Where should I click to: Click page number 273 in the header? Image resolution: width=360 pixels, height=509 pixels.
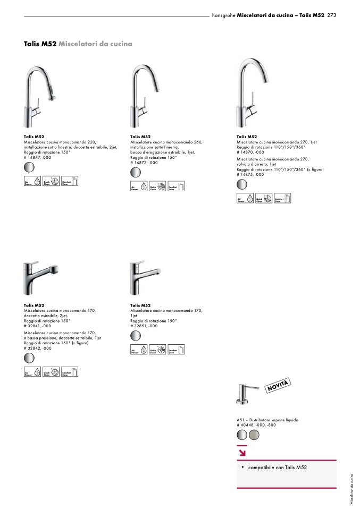pyautogui.click(x=332, y=15)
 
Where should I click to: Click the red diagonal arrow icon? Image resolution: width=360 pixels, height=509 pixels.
pyautogui.click(x=242, y=453)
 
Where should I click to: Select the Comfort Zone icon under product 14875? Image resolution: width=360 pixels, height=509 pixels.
pyautogui.click(x=283, y=198)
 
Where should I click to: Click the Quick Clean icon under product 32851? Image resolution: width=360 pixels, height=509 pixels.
pyautogui.click(x=157, y=350)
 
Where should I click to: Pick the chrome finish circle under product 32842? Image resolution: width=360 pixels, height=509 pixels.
pyautogui.click(x=29, y=358)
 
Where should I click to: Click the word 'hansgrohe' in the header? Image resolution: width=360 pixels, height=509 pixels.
pyautogui.click(x=223, y=15)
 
